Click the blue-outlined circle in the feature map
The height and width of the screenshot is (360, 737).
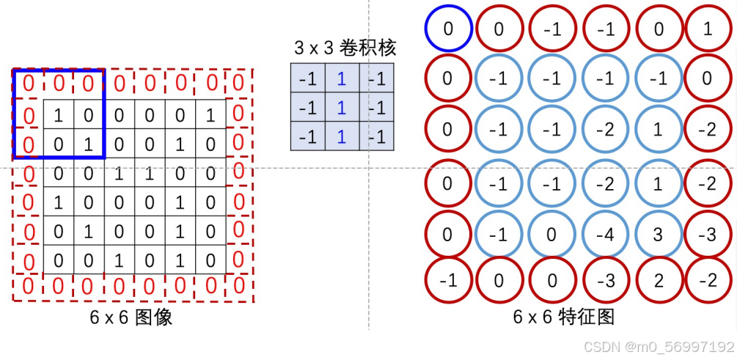click(x=448, y=30)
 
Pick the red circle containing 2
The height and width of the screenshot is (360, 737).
click(x=658, y=280)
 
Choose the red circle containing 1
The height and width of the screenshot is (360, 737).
click(x=707, y=30)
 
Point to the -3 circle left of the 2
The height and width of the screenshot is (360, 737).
click(x=606, y=280)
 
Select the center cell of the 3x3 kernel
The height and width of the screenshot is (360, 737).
click(x=340, y=108)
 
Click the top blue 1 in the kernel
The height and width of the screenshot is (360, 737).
click(x=340, y=78)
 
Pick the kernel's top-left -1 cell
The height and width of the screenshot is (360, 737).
click(x=309, y=78)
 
